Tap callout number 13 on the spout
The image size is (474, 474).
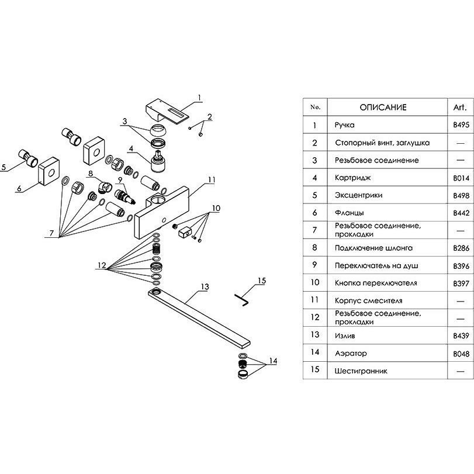204,286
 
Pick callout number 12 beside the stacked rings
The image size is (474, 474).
102,265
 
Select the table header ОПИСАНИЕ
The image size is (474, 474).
383,108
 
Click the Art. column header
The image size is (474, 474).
456,108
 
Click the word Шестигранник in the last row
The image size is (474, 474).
361,371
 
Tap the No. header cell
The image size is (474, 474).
315,108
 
